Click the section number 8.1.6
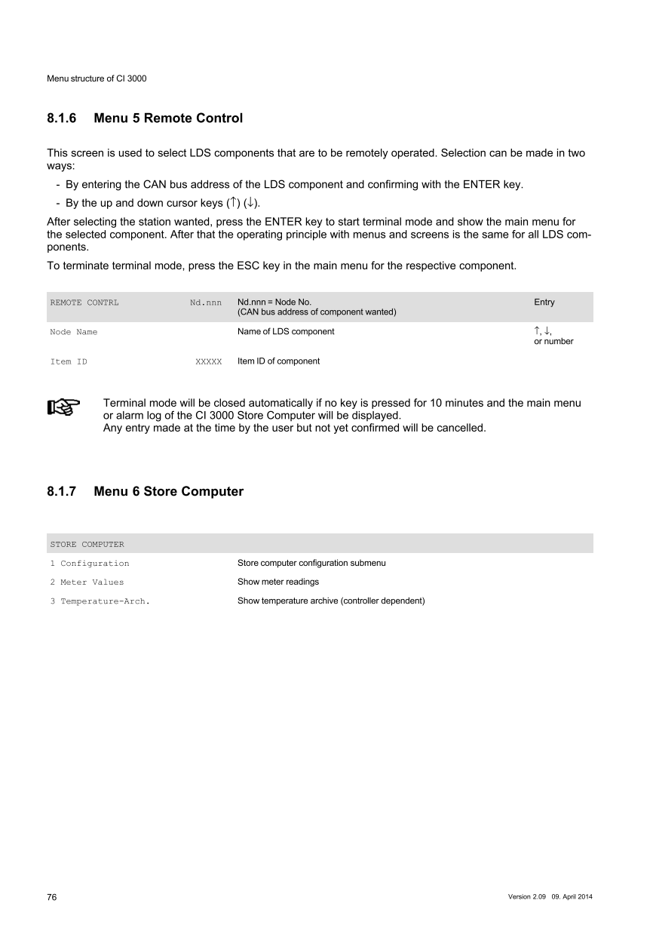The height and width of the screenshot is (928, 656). point(62,118)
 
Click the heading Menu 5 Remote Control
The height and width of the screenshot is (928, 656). point(168,118)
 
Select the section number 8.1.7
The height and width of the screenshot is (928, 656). point(62,492)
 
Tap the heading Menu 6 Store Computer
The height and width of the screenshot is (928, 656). point(169,492)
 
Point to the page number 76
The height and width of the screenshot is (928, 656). point(52,897)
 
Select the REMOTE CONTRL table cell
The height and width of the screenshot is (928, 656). point(84,303)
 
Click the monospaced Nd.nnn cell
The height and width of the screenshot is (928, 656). point(206,303)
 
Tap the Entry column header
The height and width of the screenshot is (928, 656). point(544,303)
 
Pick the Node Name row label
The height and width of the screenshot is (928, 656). point(74,332)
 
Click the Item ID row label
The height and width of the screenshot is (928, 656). point(69,361)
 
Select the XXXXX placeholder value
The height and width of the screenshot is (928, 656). point(208,362)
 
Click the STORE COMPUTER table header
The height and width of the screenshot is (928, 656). point(87,544)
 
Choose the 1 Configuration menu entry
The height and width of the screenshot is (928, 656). point(90,564)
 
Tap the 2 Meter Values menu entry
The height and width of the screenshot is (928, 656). point(87,582)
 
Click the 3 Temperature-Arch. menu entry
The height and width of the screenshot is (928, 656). point(100,601)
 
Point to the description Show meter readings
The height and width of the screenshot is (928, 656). point(278,582)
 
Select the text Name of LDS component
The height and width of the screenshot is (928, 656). point(286,332)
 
